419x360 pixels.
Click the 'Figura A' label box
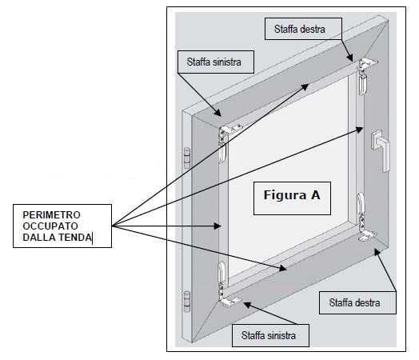[x=292, y=198]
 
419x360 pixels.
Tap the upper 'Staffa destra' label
[x=303, y=29]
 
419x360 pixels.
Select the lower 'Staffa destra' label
[x=357, y=302]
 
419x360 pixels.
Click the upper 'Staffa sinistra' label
[x=216, y=62]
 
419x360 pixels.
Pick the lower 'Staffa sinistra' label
[x=270, y=335]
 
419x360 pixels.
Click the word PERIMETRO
[x=51, y=215]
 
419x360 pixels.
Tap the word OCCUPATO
[x=50, y=226]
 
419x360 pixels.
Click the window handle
[x=381, y=150]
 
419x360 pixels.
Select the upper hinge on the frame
[x=187, y=158]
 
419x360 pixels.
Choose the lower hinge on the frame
[x=187, y=302]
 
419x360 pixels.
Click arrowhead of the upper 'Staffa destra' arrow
[x=350, y=58]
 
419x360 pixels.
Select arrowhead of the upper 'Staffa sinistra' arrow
[x=217, y=113]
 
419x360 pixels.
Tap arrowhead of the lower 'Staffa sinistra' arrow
[x=247, y=305]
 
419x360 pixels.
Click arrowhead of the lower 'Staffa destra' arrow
[x=377, y=252]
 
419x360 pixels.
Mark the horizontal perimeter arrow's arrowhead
[x=217, y=226]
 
